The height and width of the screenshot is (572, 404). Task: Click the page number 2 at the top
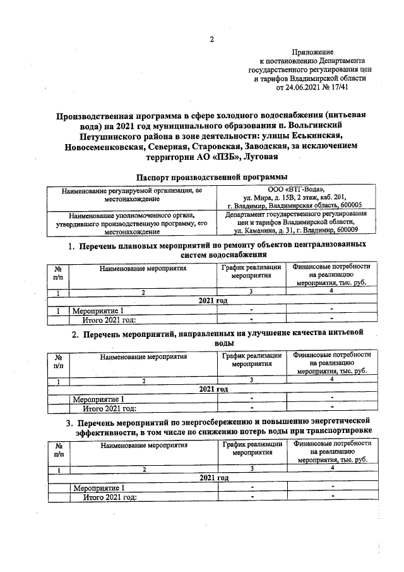(212, 39)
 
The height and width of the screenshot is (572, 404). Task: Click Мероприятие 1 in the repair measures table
(94, 310)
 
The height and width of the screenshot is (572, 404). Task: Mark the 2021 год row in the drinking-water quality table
(213, 389)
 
